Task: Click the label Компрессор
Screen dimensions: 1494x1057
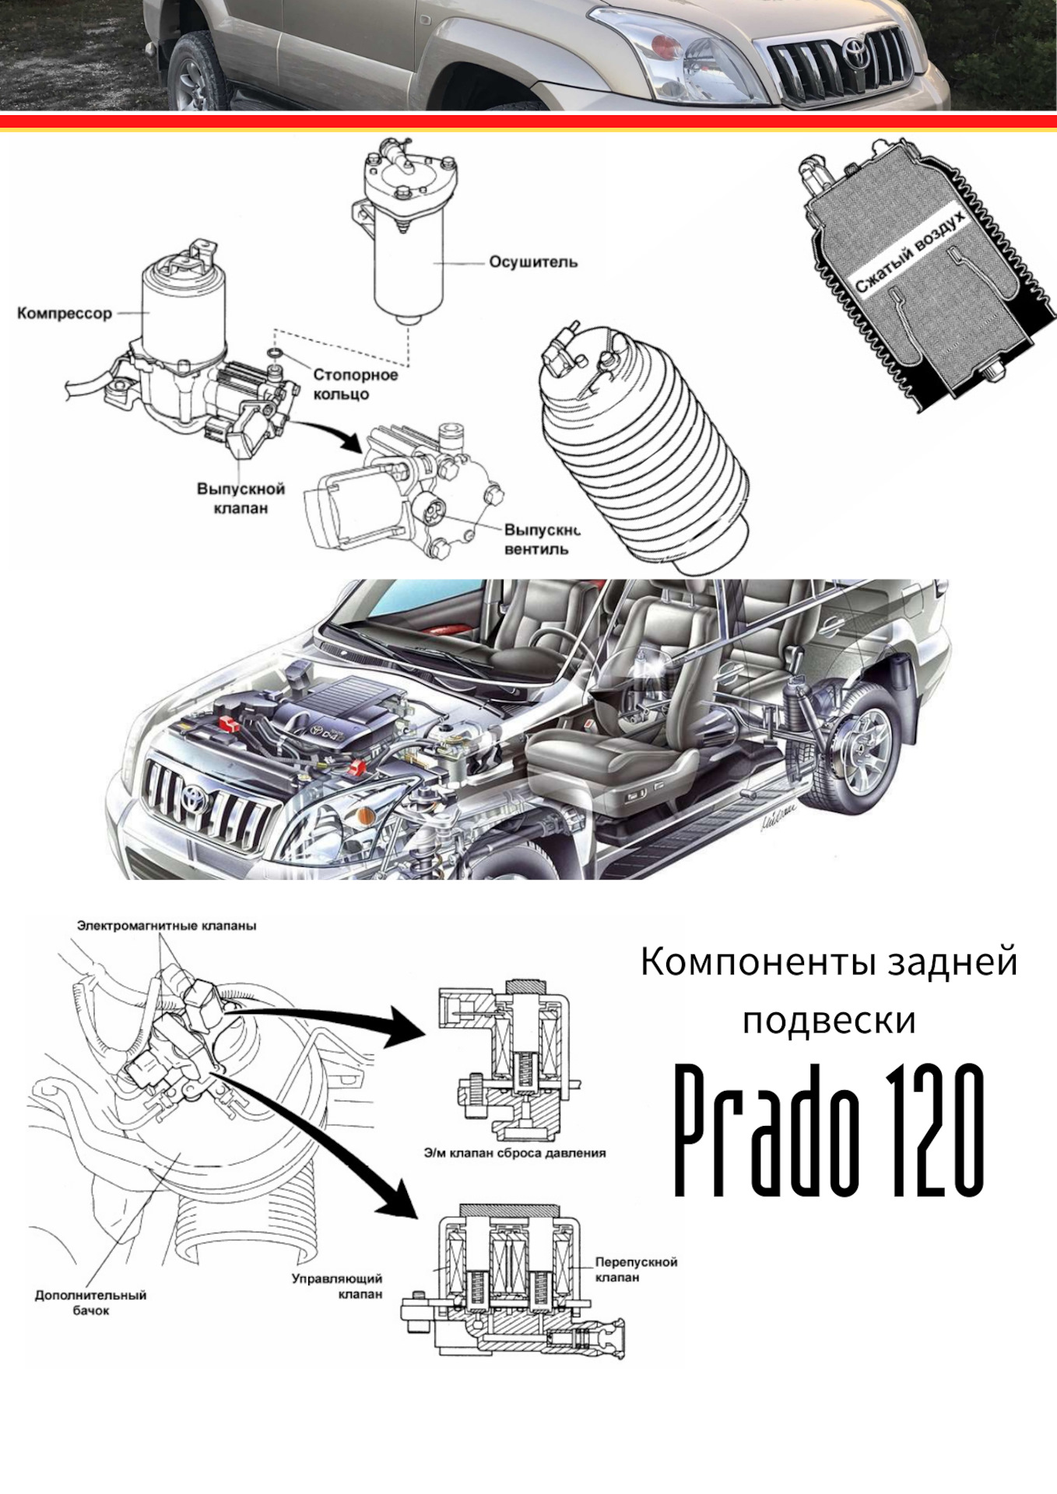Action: pyautogui.click(x=65, y=314)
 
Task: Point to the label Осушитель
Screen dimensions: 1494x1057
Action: pyautogui.click(x=533, y=262)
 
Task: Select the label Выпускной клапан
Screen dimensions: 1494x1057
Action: pyautogui.click(x=241, y=498)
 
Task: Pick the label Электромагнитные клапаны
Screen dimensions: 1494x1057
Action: pyautogui.click(x=167, y=926)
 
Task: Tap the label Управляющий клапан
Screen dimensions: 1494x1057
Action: pyautogui.click(x=337, y=1285)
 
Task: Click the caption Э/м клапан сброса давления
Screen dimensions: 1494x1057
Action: pyautogui.click(x=514, y=1152)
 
